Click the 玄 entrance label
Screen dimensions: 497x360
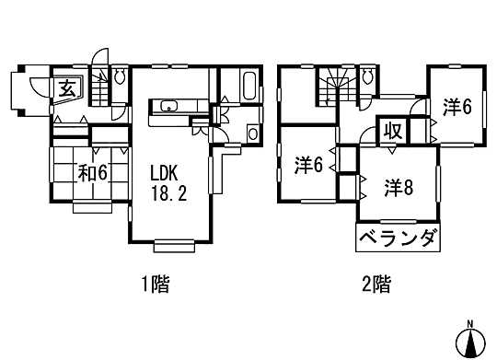[x=69, y=88]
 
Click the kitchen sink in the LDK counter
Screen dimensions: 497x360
[x=168, y=107]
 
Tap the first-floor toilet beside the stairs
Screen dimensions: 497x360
[x=119, y=76]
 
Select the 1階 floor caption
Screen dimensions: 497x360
[x=154, y=285]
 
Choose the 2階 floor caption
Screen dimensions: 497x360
[x=376, y=285]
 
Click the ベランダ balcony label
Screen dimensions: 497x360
[x=396, y=239]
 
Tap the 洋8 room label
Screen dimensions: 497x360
[x=398, y=188]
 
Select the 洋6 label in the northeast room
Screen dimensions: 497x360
[x=456, y=107]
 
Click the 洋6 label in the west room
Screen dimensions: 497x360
[x=308, y=166]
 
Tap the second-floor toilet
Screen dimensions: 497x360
[x=367, y=76]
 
